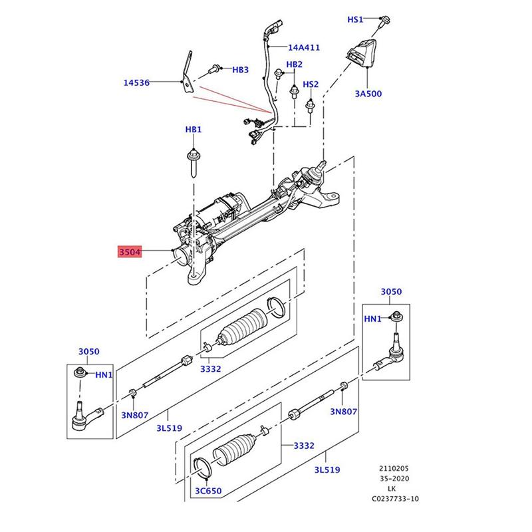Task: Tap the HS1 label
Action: (356, 21)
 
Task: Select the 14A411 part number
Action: (304, 48)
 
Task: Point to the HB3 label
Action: (239, 70)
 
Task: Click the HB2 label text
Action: (294, 65)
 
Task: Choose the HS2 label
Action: (311, 84)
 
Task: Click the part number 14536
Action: (136, 83)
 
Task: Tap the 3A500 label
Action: (368, 94)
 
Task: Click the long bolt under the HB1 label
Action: (193, 162)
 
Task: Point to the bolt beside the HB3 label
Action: (217, 68)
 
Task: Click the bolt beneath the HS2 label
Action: (310, 104)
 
